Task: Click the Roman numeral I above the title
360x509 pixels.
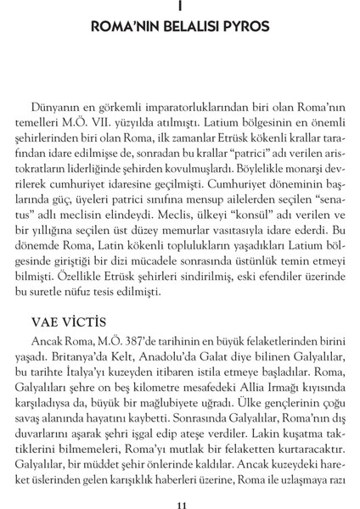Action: pos(180,7)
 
